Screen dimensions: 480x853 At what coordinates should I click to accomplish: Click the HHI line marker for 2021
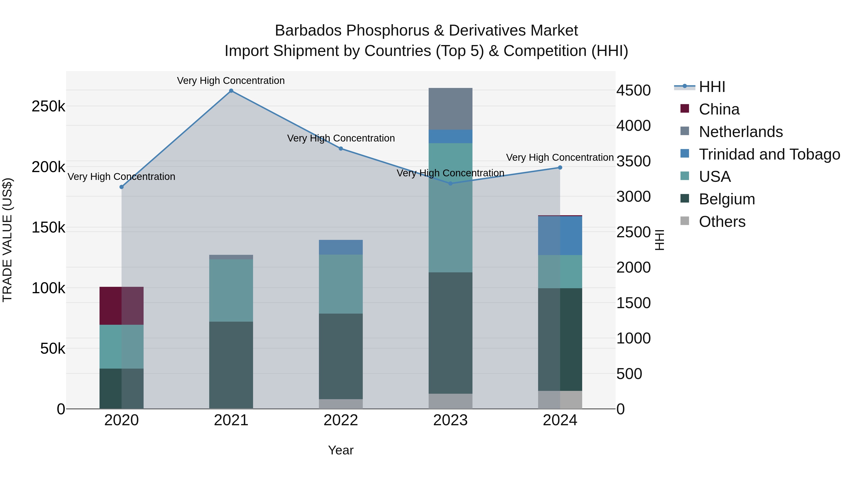point(231,91)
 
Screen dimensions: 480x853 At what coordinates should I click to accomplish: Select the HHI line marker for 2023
point(450,183)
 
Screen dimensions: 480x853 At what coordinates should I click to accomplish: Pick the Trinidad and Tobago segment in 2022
point(341,247)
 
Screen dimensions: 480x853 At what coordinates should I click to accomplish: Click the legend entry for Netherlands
point(740,132)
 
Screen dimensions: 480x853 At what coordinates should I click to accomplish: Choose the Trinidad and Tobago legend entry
point(769,154)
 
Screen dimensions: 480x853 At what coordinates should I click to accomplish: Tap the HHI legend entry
point(712,87)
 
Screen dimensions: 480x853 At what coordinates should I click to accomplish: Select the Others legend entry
point(722,222)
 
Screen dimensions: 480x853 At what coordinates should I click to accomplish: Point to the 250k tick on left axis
point(48,107)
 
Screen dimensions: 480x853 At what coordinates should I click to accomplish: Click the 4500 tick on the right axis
point(633,91)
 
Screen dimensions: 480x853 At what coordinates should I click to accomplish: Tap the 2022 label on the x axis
point(341,420)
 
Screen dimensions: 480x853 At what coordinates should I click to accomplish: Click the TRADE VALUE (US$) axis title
point(7,240)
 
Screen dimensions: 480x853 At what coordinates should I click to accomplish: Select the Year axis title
point(341,450)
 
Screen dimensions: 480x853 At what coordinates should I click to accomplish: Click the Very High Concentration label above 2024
point(560,157)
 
